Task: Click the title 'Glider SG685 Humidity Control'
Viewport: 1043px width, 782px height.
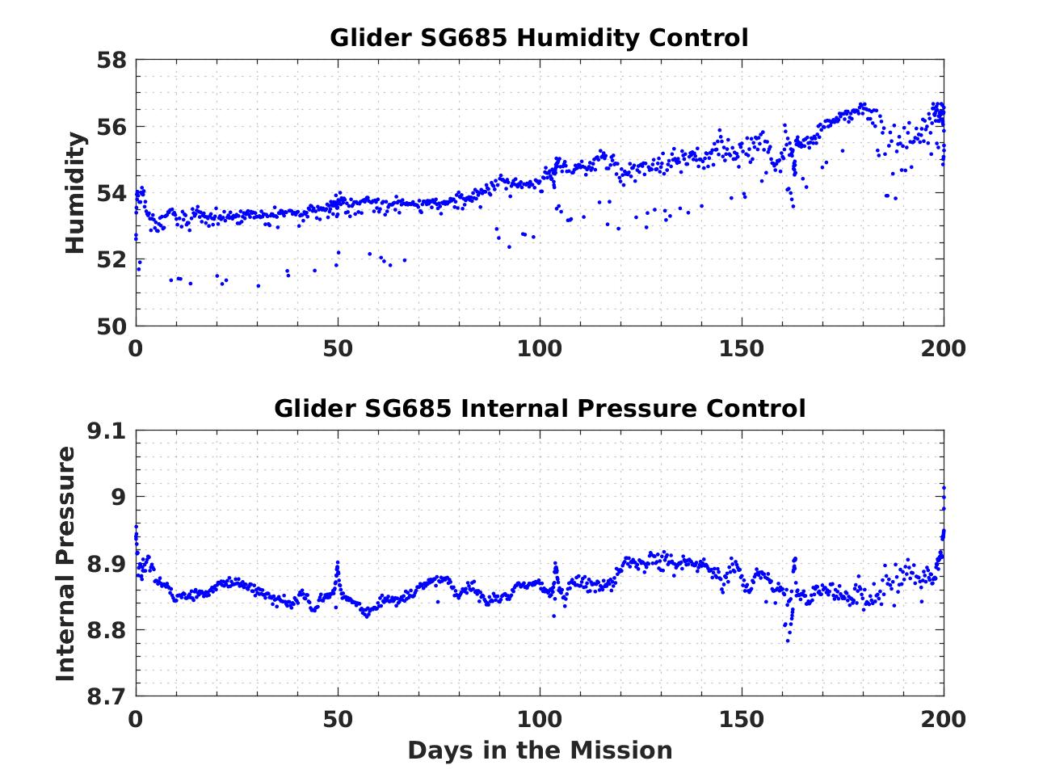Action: [x=539, y=38]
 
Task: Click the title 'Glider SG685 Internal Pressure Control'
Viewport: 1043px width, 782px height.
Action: [x=539, y=409]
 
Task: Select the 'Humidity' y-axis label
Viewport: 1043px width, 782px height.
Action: [x=75, y=193]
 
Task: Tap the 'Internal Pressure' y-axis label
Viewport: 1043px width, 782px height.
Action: [x=66, y=563]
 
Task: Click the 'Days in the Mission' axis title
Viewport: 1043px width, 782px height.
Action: [x=539, y=750]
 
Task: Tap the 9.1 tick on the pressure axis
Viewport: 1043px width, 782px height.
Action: [x=107, y=431]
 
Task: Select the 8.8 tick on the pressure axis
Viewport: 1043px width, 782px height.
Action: [x=107, y=630]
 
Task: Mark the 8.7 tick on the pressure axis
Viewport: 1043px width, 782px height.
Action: [x=107, y=696]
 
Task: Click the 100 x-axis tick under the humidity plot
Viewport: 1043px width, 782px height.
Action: [x=539, y=349]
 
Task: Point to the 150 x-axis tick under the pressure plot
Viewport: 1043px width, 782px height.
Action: [x=742, y=719]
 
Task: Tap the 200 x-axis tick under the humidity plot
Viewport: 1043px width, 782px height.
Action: [x=944, y=349]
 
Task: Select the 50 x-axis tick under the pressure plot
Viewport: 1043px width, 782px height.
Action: [x=338, y=719]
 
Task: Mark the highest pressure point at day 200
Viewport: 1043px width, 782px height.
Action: [x=944, y=487]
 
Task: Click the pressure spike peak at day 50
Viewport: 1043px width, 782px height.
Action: [x=338, y=562]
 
